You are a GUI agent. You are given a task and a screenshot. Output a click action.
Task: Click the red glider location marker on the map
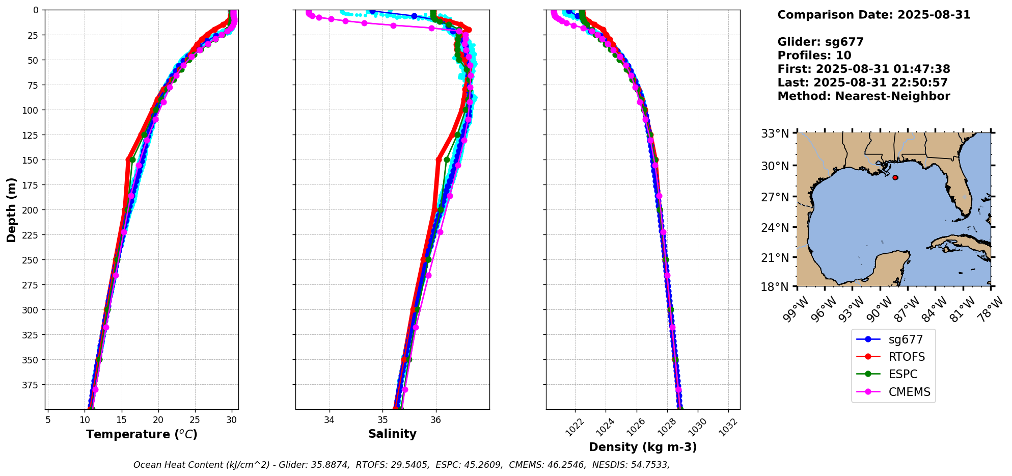click(x=895, y=177)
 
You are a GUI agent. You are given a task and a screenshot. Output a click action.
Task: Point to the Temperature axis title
click(x=142, y=434)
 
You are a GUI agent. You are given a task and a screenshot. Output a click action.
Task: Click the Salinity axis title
click(x=392, y=434)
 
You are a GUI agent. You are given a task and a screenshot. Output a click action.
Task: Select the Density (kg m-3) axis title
click(x=643, y=447)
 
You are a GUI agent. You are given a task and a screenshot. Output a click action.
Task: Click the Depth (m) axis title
click(x=12, y=209)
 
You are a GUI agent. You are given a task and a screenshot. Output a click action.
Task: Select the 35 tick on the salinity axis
click(x=382, y=420)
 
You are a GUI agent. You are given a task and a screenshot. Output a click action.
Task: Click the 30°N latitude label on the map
click(x=775, y=166)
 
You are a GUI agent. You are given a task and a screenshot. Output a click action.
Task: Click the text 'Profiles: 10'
click(x=814, y=56)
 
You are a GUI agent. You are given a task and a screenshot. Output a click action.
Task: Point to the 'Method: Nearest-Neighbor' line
click(x=863, y=96)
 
